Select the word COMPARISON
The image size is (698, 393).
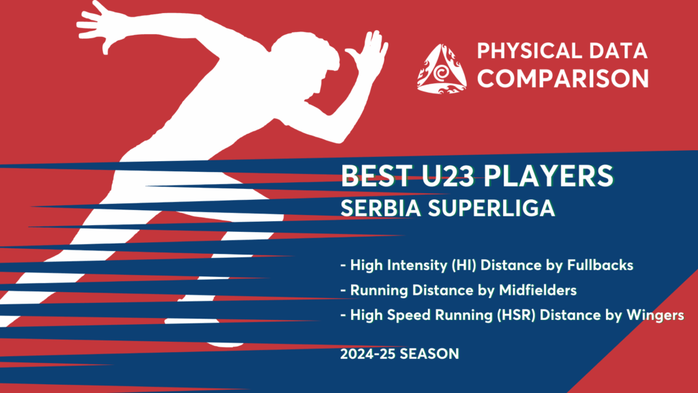tap(563, 78)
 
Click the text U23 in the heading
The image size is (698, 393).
tap(449, 175)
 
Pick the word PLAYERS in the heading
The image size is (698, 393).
tap(549, 175)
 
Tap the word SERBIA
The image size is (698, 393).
tap(380, 207)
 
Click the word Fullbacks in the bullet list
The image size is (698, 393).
tap(600, 265)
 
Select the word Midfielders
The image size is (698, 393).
tap(538, 290)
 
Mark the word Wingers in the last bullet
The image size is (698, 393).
tap(655, 315)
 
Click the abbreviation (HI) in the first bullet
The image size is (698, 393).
tap(464, 265)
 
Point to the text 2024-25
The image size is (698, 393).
tap(367, 354)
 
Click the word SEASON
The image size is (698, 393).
tap(429, 354)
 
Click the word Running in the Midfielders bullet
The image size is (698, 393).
tap(379, 291)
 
